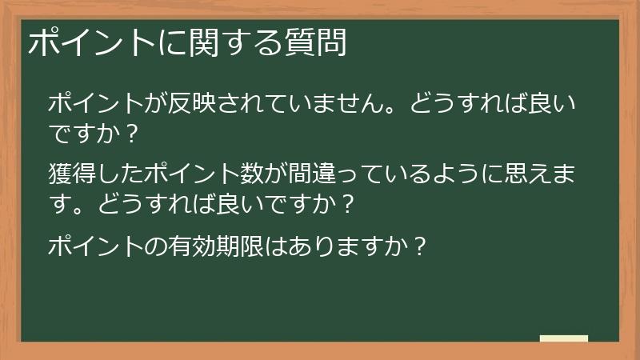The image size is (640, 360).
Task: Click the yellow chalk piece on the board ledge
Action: click(564, 338)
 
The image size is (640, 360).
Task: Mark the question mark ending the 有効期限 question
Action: click(415, 245)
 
